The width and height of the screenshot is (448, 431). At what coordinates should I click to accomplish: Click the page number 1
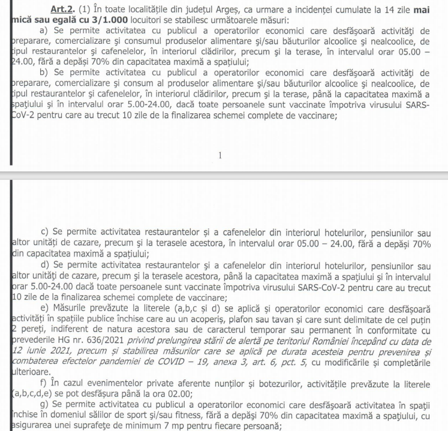(220, 155)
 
